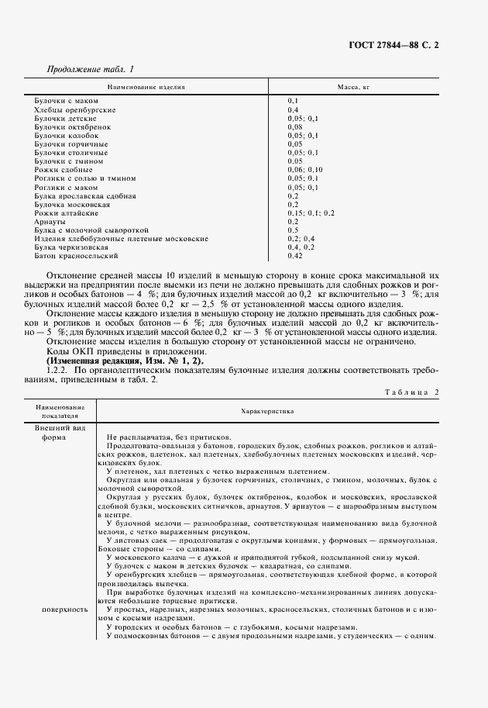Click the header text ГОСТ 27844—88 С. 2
coord(398,46)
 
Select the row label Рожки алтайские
coord(66,212)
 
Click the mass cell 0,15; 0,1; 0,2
coord(311,212)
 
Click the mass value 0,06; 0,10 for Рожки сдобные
coord(304,170)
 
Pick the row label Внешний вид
coord(55,427)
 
